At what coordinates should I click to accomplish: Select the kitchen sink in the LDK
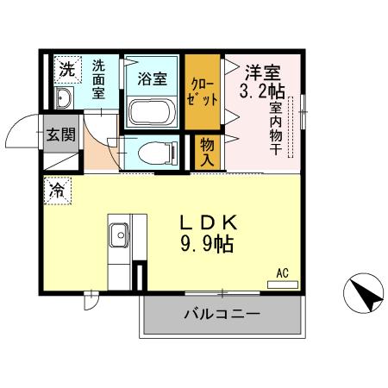pos(118,234)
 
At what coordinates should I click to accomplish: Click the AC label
pos(282,273)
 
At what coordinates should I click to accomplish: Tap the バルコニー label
pos(221,315)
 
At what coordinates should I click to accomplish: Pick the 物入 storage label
pos(208,153)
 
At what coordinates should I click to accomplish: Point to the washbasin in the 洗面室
pos(66,94)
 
